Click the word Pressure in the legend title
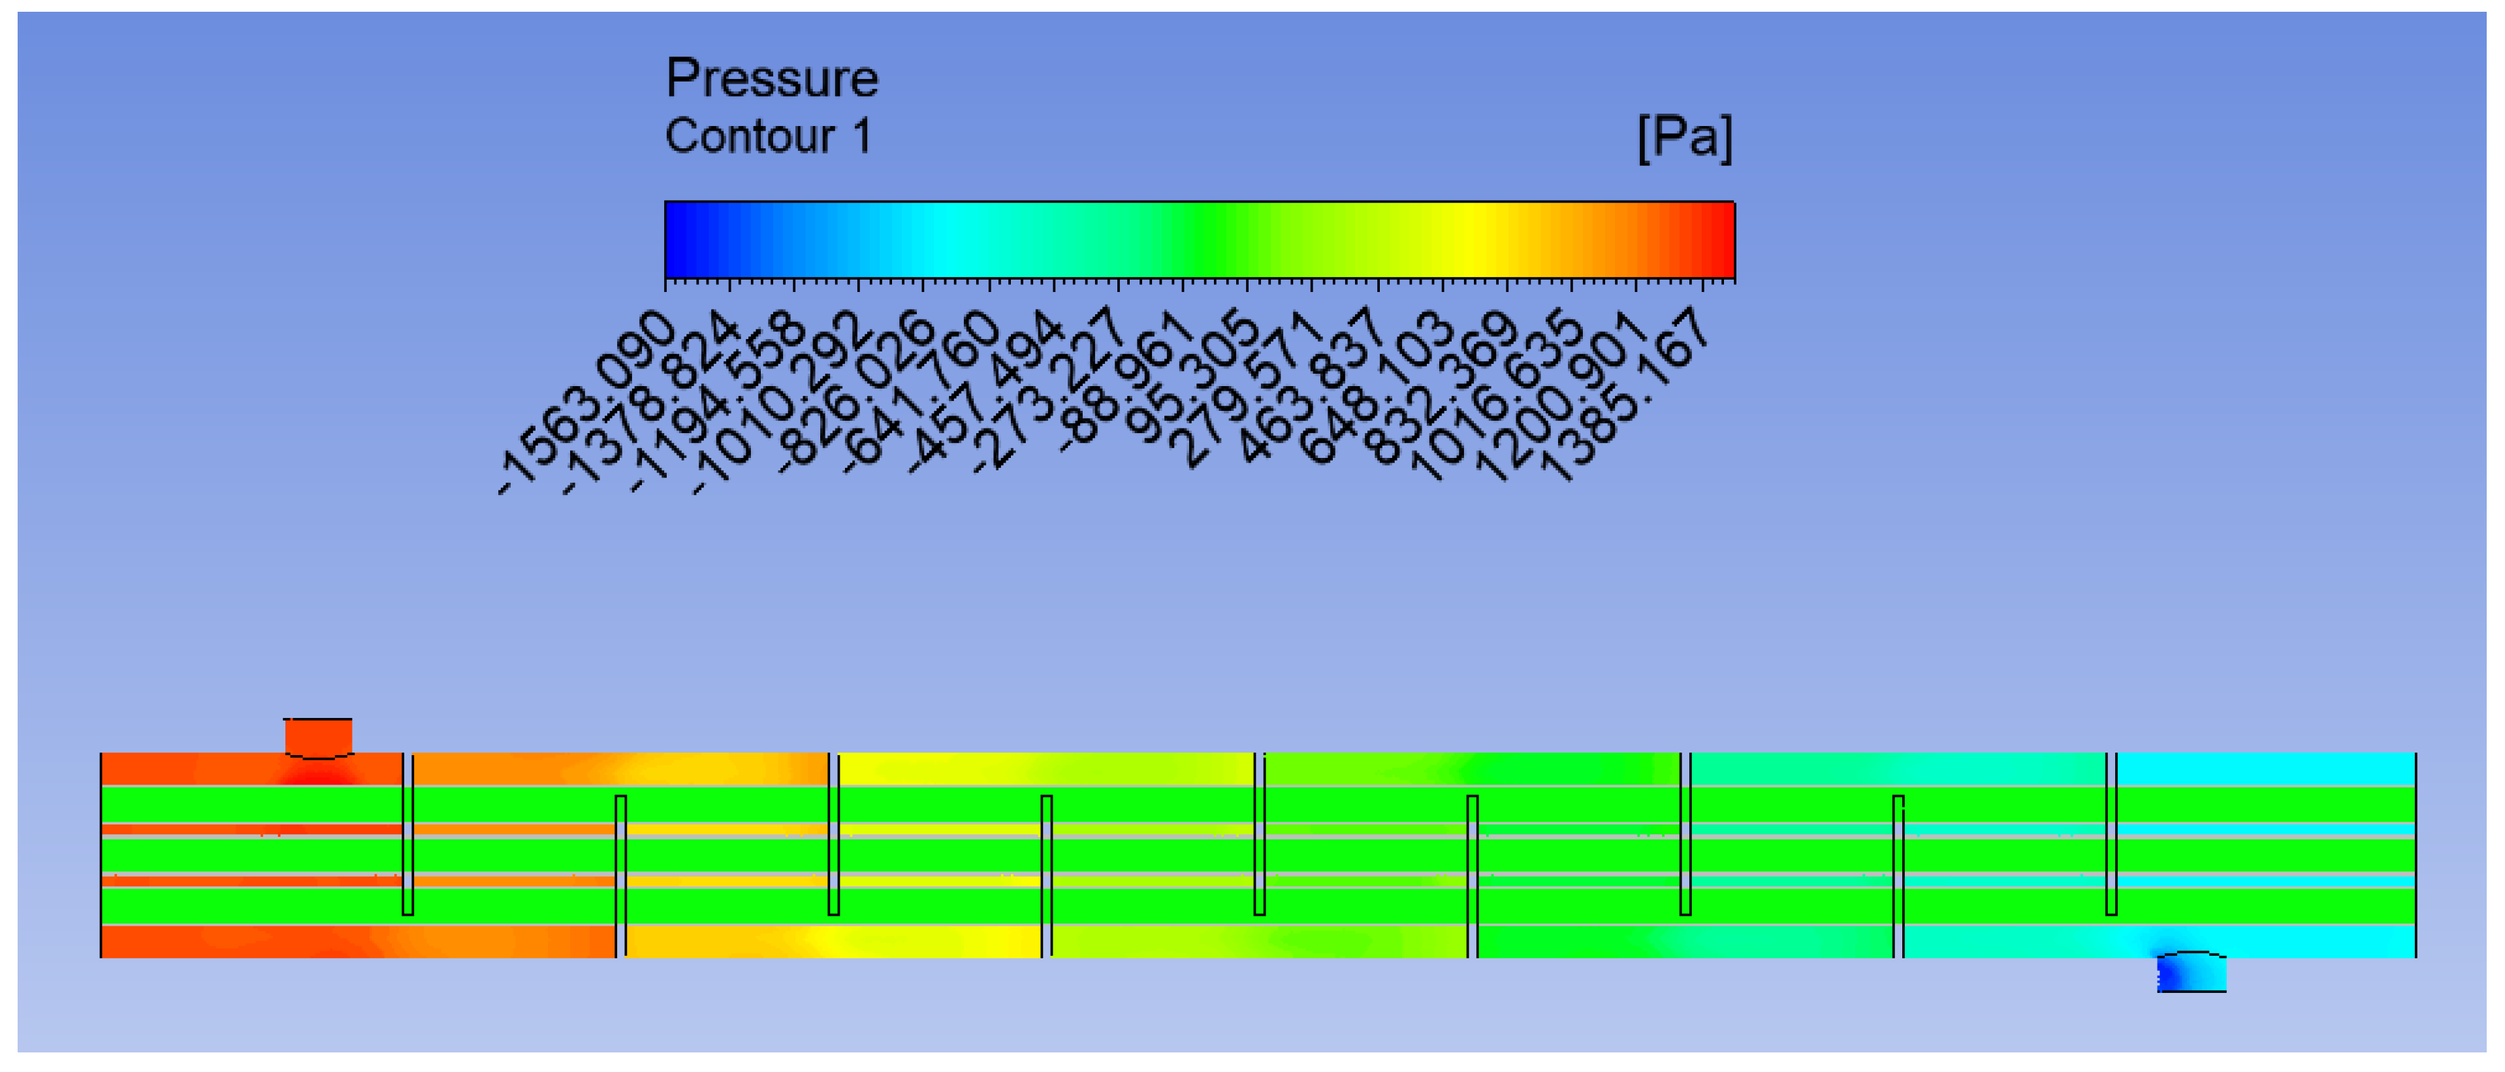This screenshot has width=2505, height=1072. pos(771,78)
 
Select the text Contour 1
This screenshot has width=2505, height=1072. pos(767,136)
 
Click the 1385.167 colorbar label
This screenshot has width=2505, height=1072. pos(1625,394)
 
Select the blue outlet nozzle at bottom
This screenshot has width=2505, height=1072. pos(2191,972)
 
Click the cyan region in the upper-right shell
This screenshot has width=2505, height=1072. pos(2266,768)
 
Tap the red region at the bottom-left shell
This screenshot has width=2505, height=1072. pos(243,941)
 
